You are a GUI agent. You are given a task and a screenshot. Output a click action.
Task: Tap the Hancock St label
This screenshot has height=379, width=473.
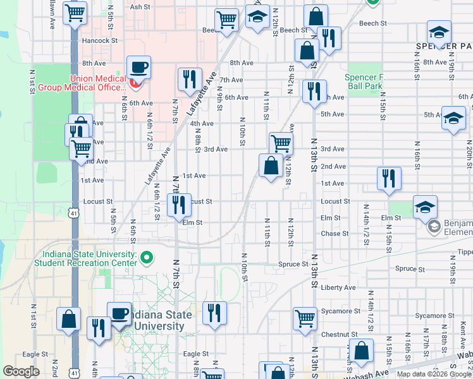click(x=100, y=40)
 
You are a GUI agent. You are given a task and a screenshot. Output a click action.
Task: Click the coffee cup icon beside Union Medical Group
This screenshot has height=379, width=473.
click(x=138, y=68)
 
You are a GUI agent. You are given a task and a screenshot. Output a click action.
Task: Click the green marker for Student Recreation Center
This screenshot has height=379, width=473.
click(x=147, y=257)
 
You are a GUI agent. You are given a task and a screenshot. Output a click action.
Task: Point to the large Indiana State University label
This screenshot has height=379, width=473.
click(x=156, y=321)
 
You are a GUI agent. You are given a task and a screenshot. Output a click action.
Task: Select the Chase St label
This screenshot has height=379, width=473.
click(x=335, y=234)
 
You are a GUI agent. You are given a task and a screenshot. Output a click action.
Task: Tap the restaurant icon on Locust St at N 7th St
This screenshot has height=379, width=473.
click(x=179, y=205)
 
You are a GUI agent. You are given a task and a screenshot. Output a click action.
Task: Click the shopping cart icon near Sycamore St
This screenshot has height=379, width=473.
click(x=305, y=318)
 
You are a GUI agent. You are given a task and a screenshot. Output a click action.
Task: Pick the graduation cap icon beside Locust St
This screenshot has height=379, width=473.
click(x=425, y=206)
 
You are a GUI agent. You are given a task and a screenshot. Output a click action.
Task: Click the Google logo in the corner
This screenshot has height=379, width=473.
click(x=22, y=371)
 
